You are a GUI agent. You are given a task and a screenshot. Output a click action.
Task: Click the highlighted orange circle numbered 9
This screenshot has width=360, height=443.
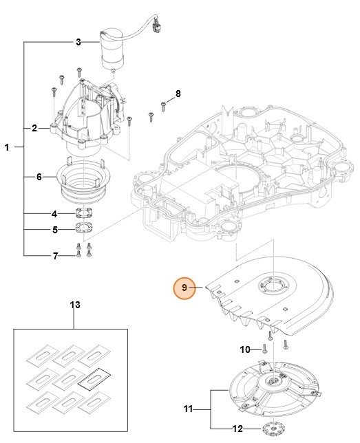click(184, 288)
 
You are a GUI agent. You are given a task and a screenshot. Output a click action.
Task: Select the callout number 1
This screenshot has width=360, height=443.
click(8, 147)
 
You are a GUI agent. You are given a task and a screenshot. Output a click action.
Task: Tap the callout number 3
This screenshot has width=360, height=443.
click(78, 43)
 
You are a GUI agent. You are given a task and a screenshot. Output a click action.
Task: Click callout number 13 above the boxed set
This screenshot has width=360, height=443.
click(75, 304)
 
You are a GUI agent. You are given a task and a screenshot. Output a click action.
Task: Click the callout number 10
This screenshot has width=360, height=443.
click(245, 350)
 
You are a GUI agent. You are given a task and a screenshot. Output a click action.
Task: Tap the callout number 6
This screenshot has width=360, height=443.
click(40, 177)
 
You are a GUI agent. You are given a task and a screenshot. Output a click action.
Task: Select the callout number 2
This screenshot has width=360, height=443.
click(34, 128)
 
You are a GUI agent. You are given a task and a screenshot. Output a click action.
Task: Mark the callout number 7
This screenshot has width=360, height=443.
click(55, 256)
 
